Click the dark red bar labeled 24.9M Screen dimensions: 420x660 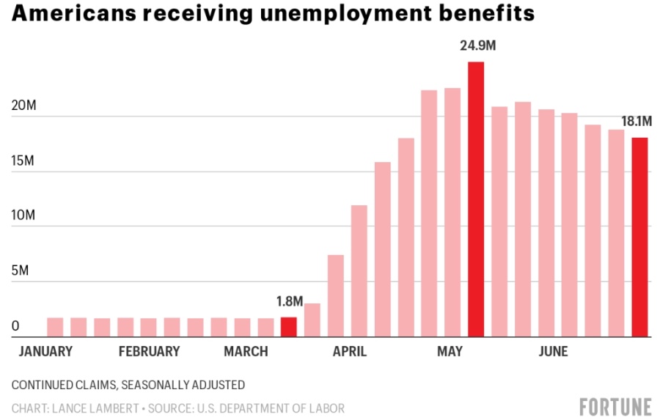tap(476, 199)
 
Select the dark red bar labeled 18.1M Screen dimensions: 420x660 tap(640, 237)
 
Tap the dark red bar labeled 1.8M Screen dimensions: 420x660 tap(289, 327)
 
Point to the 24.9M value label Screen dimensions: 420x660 tap(477, 46)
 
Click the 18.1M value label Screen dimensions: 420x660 tap(637, 122)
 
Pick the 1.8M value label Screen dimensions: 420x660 tap(289, 302)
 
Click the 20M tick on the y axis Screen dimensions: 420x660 tap(26, 106)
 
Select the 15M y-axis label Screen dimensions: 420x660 tap(26, 161)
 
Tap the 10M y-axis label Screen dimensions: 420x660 tap(26, 215)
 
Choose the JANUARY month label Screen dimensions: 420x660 tap(45, 352)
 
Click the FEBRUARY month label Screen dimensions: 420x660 tap(149, 352)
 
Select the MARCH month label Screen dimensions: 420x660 tap(246, 352)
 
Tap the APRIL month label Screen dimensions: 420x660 tap(350, 352)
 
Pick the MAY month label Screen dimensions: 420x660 tap(450, 352)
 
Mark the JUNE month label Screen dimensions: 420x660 tap(553, 352)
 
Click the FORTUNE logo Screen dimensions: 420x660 tap(615, 407)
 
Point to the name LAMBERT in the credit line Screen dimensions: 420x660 tap(121, 408)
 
